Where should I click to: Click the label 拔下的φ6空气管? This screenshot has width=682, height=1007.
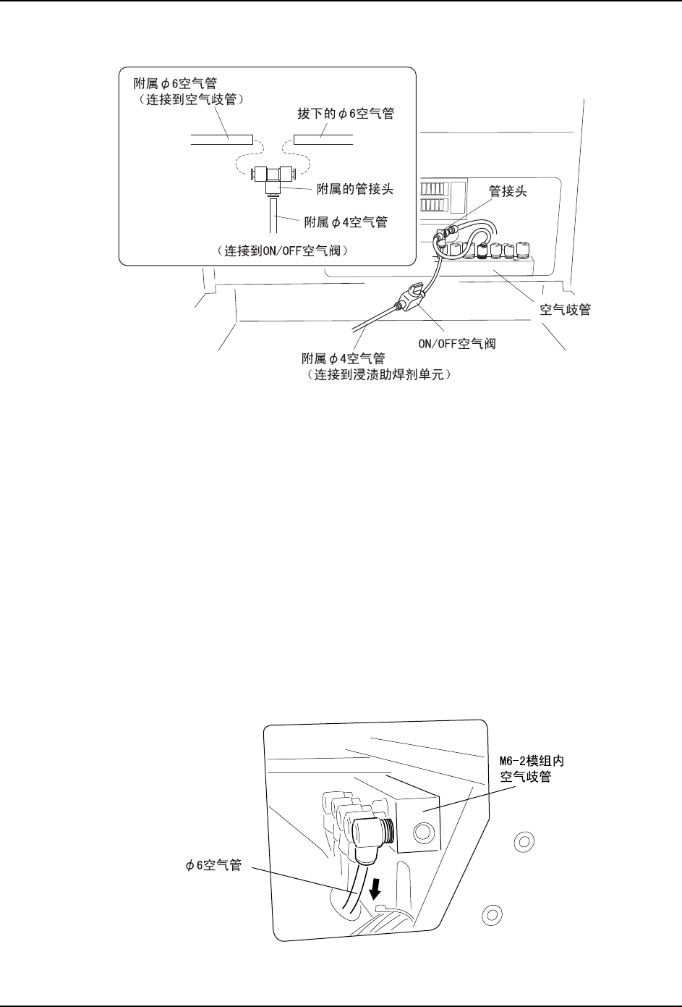(x=346, y=113)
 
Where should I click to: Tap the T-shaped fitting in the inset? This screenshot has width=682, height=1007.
(x=273, y=179)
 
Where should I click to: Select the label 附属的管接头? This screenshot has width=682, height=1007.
(x=354, y=189)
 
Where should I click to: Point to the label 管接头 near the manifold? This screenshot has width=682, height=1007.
(x=508, y=191)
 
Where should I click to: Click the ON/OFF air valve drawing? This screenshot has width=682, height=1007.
(x=411, y=297)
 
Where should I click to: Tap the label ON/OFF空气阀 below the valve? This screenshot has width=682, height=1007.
(x=457, y=343)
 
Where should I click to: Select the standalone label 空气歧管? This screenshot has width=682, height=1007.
(x=566, y=309)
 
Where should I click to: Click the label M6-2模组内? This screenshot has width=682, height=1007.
(x=532, y=761)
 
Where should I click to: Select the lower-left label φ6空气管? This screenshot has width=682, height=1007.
(x=214, y=864)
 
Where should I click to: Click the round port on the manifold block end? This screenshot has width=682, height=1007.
(x=423, y=832)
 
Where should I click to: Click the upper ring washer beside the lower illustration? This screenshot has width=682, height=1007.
(x=524, y=841)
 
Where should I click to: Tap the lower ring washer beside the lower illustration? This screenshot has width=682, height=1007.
(x=492, y=915)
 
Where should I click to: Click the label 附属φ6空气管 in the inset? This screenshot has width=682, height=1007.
(x=176, y=84)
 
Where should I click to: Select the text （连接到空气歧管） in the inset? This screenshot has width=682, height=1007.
(x=191, y=99)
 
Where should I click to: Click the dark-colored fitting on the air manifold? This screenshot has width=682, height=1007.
(x=482, y=251)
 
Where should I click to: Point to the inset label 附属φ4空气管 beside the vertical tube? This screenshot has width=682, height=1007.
(x=346, y=222)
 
